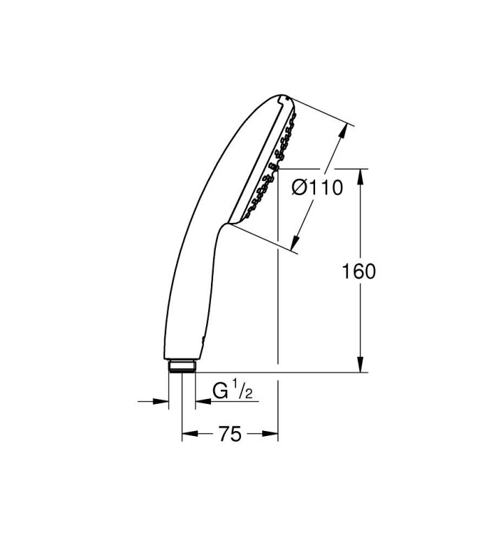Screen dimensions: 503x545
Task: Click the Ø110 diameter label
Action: coord(317,188)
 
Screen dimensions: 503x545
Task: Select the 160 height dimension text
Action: coord(359,272)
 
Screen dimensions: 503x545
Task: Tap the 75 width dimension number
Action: coord(230,434)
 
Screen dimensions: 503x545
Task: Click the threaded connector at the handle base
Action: coord(182,367)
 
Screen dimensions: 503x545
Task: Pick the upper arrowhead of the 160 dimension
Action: coord(360,177)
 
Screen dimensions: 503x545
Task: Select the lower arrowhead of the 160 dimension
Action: coord(360,365)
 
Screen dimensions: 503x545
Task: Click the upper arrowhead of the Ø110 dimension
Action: coord(343,131)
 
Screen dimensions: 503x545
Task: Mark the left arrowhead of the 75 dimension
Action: coord(190,433)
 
